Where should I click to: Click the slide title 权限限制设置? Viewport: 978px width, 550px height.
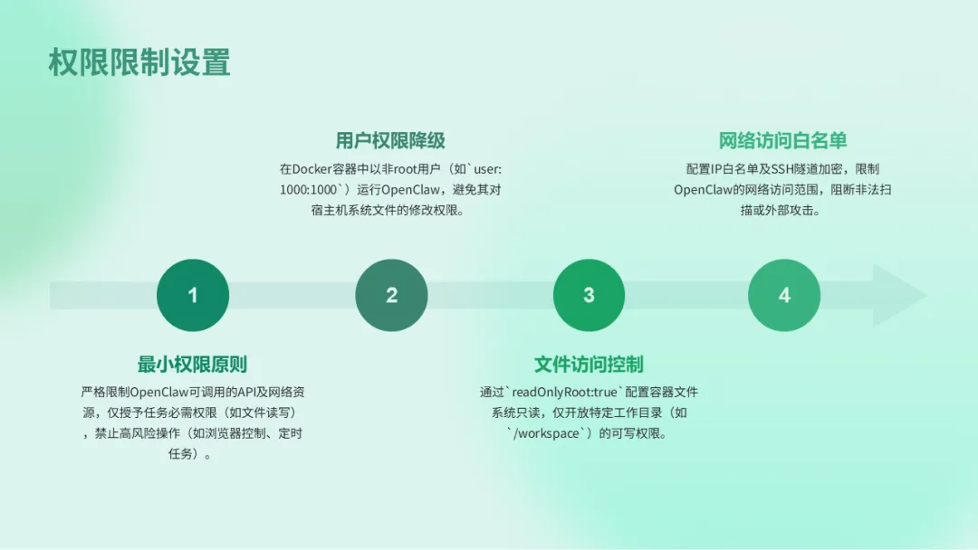[139, 62]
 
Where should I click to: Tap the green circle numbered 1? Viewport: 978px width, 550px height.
[193, 295]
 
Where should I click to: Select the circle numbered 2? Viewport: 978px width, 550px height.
[391, 295]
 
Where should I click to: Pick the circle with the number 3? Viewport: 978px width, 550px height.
[589, 295]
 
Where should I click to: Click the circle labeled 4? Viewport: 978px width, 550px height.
[784, 295]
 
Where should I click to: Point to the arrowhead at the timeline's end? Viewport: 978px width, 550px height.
[900, 296]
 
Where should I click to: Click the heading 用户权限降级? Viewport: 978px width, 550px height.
[390, 140]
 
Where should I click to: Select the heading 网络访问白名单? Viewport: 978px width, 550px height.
[783, 140]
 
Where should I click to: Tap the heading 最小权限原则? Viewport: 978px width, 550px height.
[192, 365]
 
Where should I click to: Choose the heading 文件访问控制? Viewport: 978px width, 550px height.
[589, 365]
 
